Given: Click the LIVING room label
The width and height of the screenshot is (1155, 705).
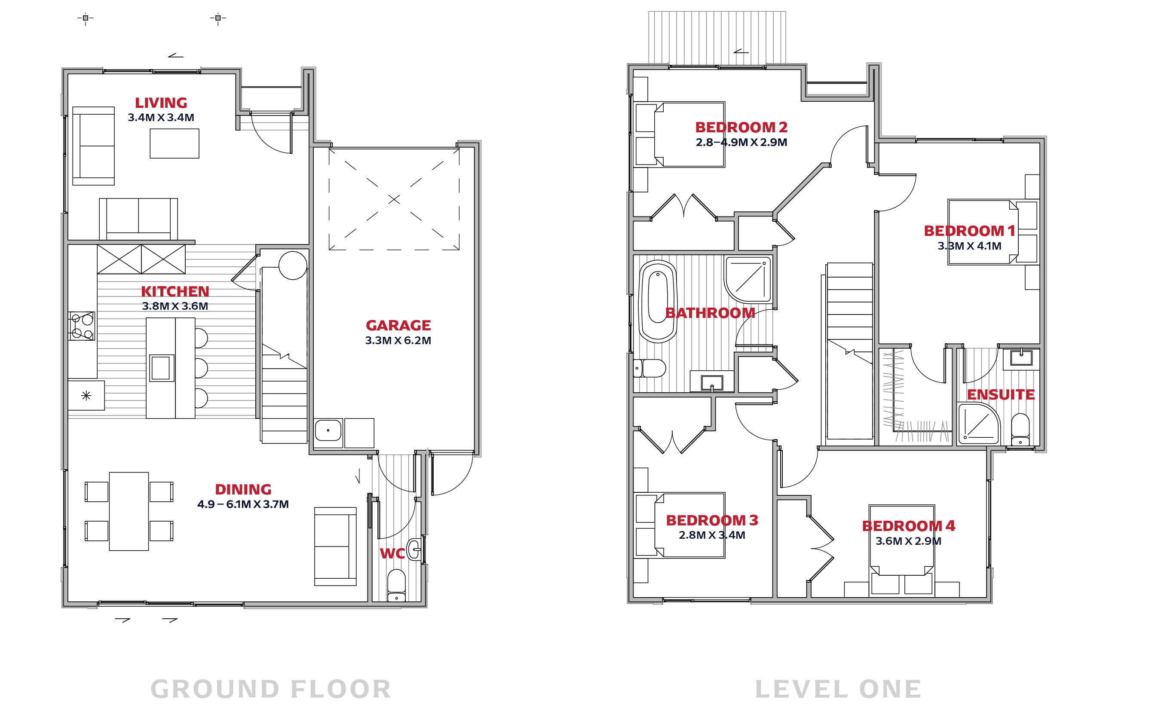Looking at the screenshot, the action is coord(161,103).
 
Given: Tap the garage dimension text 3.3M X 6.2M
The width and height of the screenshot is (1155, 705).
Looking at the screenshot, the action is coord(398,341).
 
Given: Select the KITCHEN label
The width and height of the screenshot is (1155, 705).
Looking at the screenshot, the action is coord(175,291).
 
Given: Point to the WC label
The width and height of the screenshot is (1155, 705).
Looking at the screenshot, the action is coord(392,553).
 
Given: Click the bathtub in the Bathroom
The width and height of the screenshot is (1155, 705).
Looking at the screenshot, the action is coord(658,302).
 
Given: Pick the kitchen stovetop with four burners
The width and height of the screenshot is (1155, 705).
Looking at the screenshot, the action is coord(82,326).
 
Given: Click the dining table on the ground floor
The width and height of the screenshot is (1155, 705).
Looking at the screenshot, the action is coord(129,511).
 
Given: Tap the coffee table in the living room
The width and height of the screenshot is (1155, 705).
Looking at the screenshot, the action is coord(175,143).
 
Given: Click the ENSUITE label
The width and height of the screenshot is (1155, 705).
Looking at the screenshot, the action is coord(1001,394).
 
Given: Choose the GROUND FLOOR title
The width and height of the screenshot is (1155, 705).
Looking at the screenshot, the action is coord(271,689).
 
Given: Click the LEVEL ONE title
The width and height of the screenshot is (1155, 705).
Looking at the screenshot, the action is coord(838,689).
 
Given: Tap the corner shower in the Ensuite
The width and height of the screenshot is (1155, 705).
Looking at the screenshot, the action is coord(979,424).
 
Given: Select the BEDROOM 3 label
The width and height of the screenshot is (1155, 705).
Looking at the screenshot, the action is coord(712,520).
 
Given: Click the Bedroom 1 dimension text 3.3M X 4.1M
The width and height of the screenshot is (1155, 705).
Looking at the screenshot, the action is coord(969,246).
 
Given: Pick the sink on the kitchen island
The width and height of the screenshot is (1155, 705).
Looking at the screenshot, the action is coord(161,368).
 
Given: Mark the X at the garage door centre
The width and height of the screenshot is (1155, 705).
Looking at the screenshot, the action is coord(394,199).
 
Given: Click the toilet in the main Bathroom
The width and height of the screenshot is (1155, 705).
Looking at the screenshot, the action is coord(649,368).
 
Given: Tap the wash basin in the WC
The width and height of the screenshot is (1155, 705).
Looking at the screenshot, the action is coord(414,549).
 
